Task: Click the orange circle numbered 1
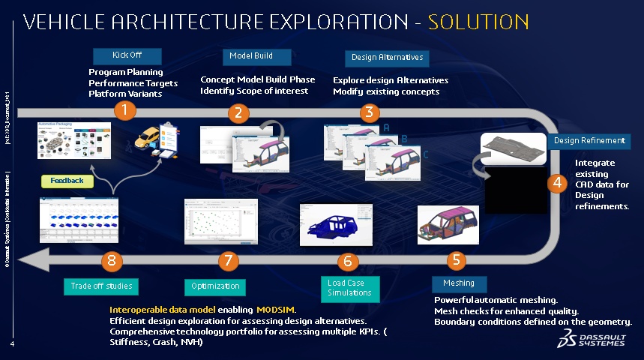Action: [125, 111]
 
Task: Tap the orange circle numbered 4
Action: [556, 182]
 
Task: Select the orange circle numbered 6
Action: [346, 261]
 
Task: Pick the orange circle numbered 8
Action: [111, 260]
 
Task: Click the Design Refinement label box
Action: [589, 141]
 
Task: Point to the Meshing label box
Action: [459, 283]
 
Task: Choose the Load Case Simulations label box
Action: [349, 288]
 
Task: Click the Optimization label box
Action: [215, 286]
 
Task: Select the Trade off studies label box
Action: [102, 286]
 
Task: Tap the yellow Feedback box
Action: [67, 181]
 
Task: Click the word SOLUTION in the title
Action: [478, 22]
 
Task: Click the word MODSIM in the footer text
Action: [276, 310]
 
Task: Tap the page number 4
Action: [13, 345]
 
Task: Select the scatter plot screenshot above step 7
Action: [221, 221]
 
